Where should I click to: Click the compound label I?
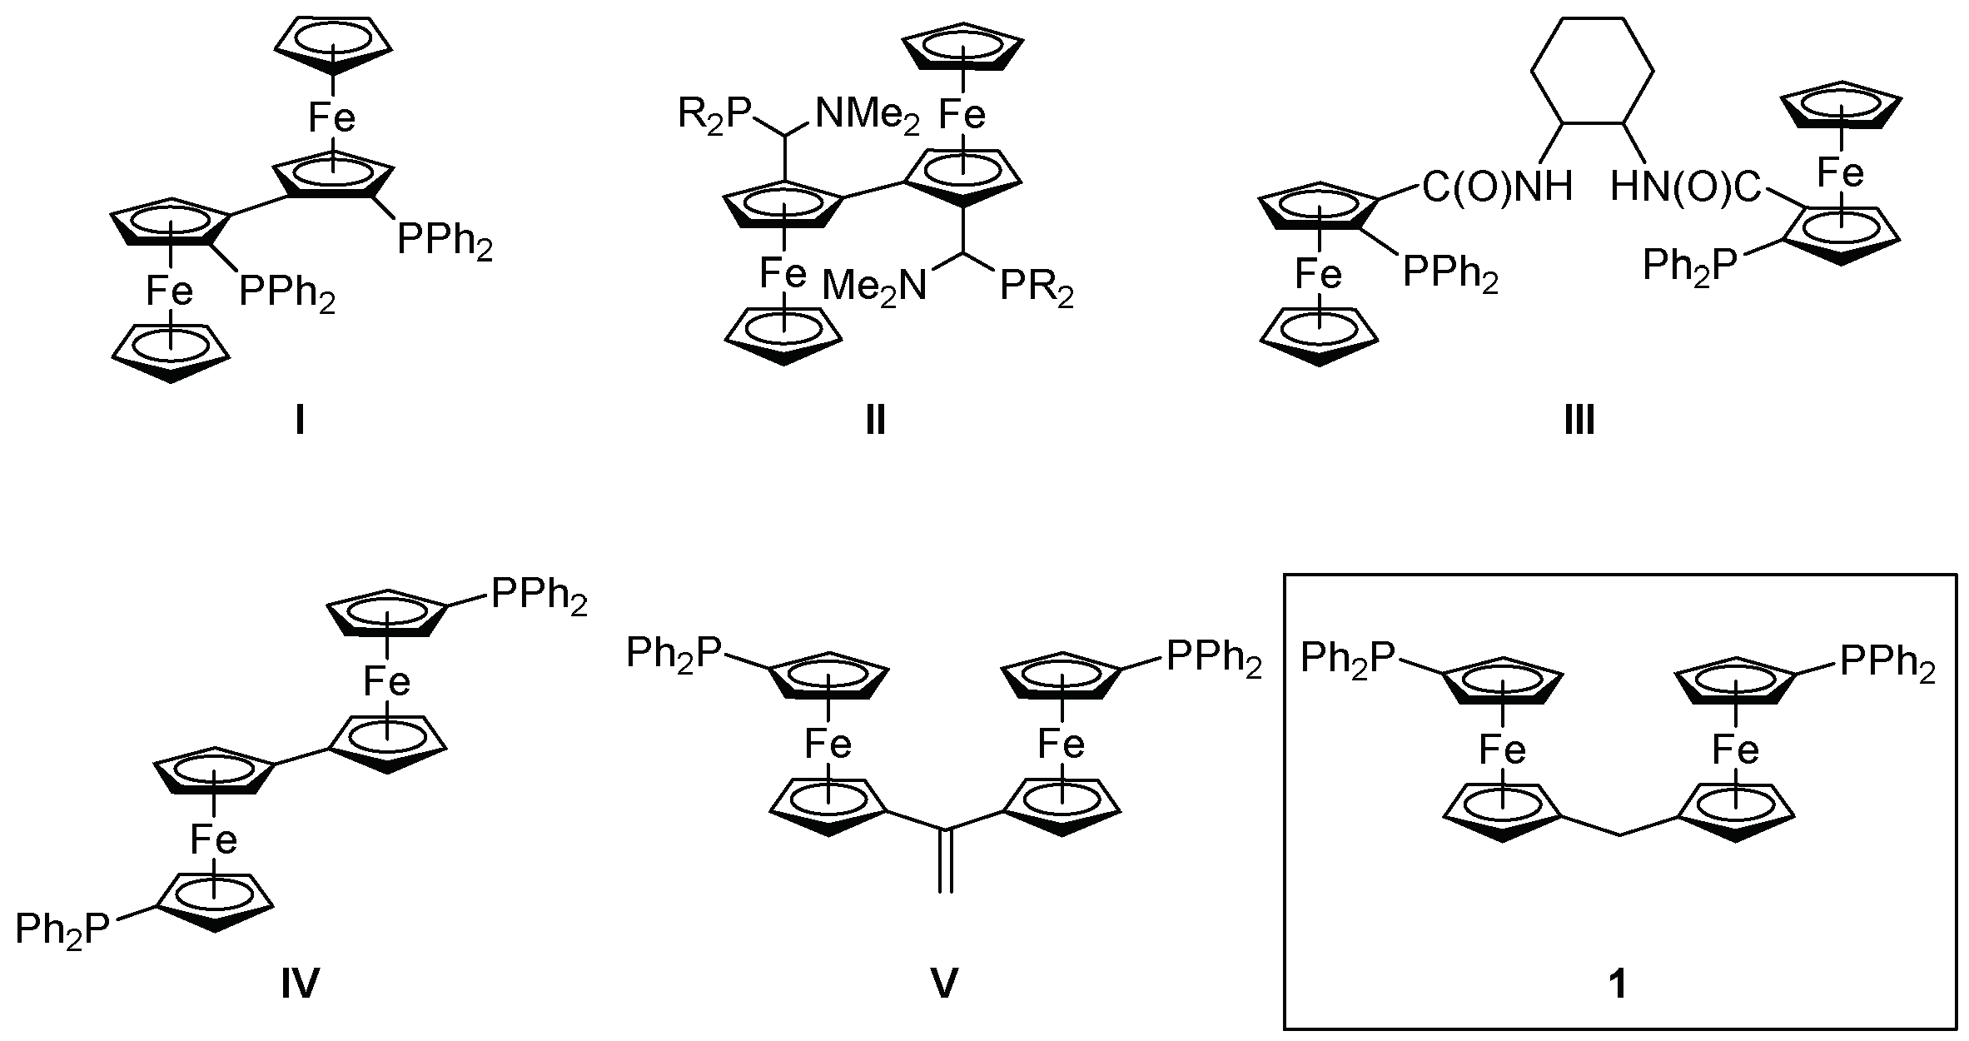pos(299,422)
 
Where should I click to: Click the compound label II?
pos(875,422)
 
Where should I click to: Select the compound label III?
pos(1579,422)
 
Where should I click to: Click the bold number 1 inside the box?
pos(1618,985)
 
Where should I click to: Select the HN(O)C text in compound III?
pos(1686,187)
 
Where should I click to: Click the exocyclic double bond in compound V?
pos(945,861)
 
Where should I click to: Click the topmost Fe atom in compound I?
pos(331,117)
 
